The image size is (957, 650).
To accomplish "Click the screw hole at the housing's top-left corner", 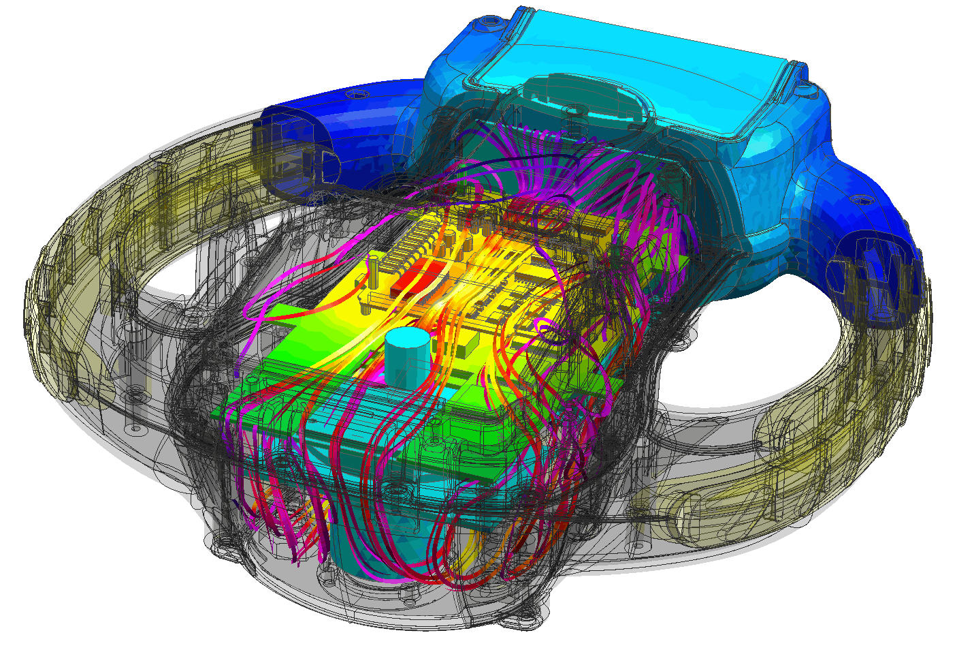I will [x=489, y=29].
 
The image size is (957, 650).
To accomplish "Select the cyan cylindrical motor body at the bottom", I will [x=354, y=545].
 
